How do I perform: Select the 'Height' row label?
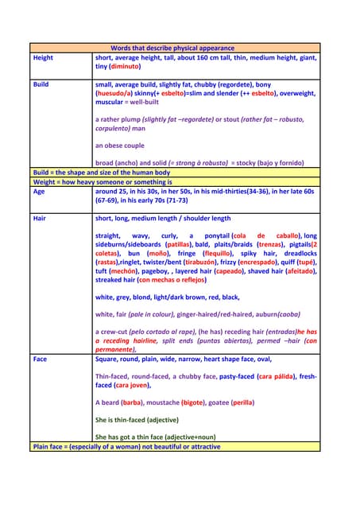pyautogui.click(x=43, y=58)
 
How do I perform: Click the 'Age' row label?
pyautogui.click(x=39, y=192)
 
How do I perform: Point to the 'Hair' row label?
pyautogui.click(x=40, y=218)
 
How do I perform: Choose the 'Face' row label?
pyautogui.click(x=40, y=359)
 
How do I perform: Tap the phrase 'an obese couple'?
pyautogui.click(x=119, y=146)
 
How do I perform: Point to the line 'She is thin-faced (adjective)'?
pyautogui.click(x=137, y=420)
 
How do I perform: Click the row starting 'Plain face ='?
pyautogui.click(x=127, y=446)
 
